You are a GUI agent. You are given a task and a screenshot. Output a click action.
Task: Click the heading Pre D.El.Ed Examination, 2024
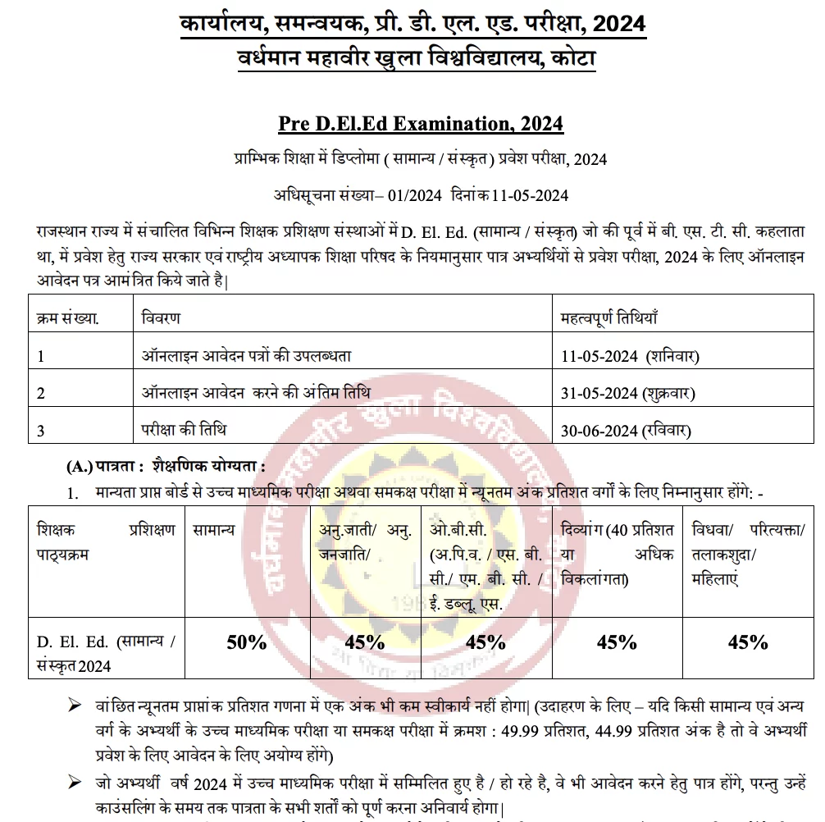point(420,125)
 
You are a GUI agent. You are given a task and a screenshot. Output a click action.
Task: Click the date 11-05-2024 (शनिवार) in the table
point(629,357)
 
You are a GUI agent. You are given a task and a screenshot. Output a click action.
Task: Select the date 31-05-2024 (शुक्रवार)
point(627,393)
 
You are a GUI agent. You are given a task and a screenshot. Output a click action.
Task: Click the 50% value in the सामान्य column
point(247,642)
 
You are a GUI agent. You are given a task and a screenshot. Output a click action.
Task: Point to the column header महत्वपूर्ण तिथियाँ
point(609,317)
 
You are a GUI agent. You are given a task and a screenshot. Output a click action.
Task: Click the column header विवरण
point(161,317)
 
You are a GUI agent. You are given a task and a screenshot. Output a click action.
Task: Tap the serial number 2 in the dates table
point(41,394)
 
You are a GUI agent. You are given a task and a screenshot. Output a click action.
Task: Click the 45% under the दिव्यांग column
point(617,642)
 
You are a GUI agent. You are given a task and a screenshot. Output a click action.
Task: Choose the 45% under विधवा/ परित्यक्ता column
point(748,642)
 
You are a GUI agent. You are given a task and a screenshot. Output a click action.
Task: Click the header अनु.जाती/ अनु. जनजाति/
point(365,542)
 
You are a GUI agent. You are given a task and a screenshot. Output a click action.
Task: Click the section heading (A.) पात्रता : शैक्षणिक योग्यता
point(166,467)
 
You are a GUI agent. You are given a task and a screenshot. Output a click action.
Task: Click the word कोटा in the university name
point(572,59)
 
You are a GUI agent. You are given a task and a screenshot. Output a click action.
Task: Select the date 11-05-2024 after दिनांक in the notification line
point(531,195)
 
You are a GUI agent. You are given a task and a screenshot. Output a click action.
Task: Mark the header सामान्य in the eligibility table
point(214,530)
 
